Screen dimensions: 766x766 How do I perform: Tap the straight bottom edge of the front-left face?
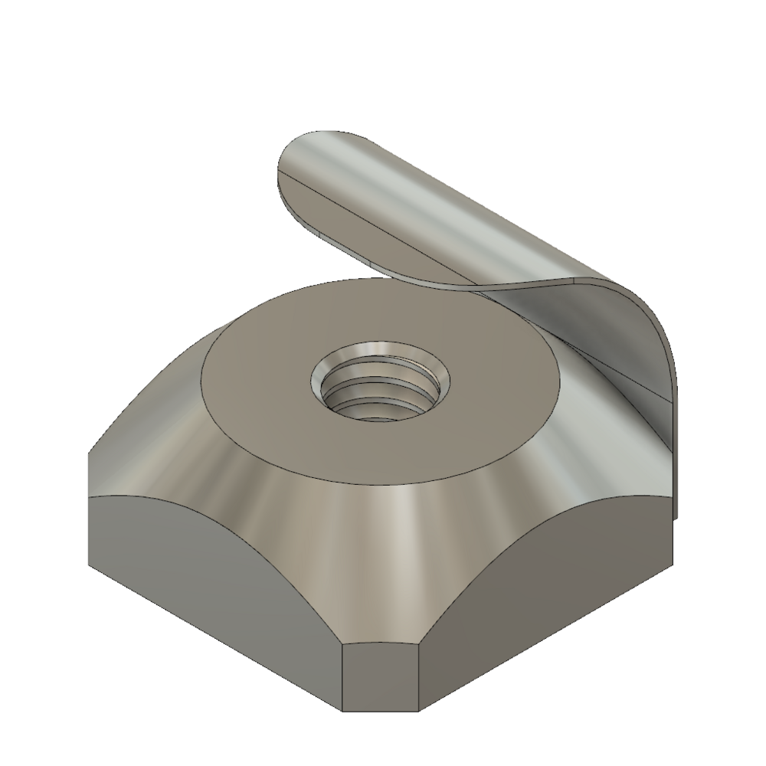coord(214,640)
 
